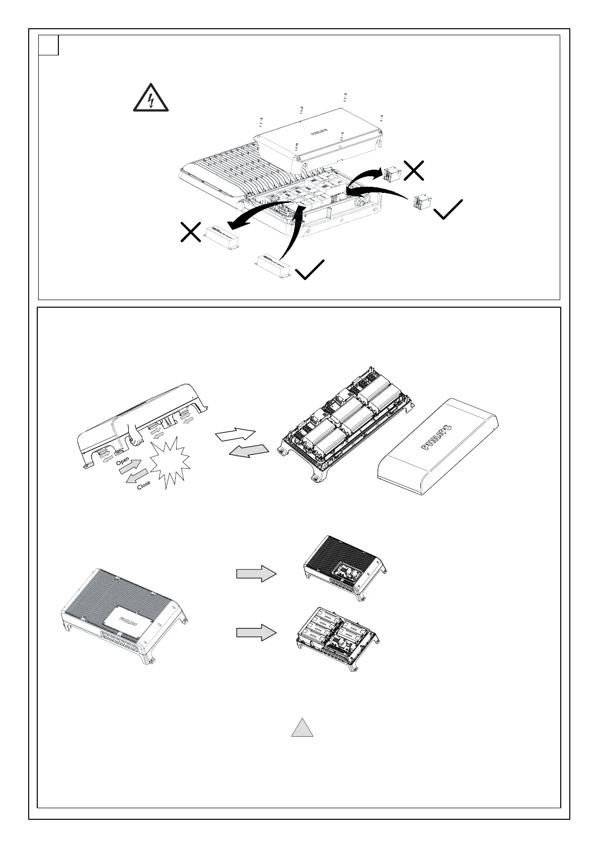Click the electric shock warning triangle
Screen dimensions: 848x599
pyautogui.click(x=151, y=99)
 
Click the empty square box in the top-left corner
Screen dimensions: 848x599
pyautogui.click(x=49, y=45)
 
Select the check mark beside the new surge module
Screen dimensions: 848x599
pyautogui.click(x=447, y=209)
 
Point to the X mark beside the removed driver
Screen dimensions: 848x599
pyautogui.click(x=191, y=232)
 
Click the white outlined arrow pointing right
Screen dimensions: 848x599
pyautogui.click(x=236, y=434)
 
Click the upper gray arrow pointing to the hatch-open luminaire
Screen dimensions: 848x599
pyautogui.click(x=256, y=574)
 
